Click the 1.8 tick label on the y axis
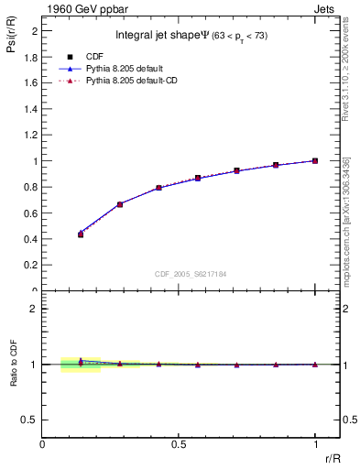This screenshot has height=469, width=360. [x=31, y=57]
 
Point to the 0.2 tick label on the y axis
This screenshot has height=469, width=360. [x=31, y=266]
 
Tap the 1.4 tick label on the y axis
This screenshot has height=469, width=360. [x=31, y=109]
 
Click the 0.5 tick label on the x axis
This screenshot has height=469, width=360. [x=179, y=444]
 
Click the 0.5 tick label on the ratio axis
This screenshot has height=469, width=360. [x=31, y=420]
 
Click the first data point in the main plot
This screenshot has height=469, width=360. [x=81, y=234]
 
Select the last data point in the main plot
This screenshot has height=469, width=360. [x=315, y=160]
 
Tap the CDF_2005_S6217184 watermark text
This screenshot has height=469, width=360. [x=191, y=275]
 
